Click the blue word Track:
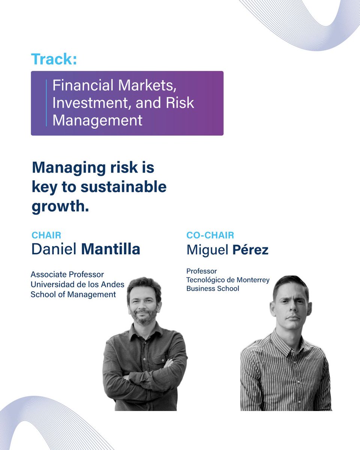point(54,60)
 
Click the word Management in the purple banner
point(97,120)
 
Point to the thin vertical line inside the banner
point(46,103)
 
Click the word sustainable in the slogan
point(125,187)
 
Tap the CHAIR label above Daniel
point(46,235)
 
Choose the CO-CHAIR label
point(210,235)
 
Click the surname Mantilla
point(111,249)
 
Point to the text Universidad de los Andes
point(77,284)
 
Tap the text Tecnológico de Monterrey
point(228,280)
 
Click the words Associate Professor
point(67,274)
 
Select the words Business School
point(213,289)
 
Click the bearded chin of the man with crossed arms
point(144,319)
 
